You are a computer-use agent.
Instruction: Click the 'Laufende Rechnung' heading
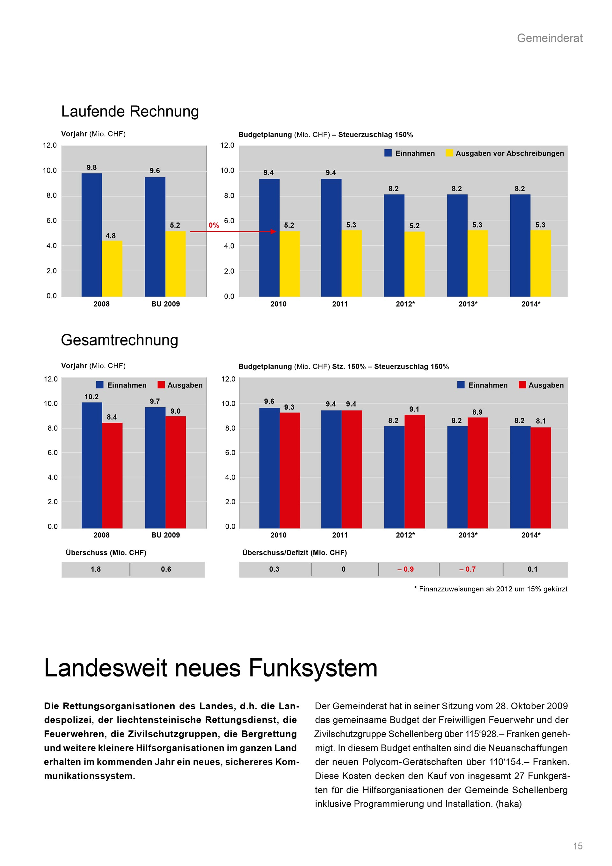(130, 112)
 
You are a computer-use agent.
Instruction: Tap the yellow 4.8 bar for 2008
(112, 269)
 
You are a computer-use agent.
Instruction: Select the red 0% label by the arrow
(214, 225)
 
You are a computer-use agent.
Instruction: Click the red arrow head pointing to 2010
(273, 232)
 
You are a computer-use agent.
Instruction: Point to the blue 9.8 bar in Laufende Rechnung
(91, 235)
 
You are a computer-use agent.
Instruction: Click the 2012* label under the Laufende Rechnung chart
(405, 304)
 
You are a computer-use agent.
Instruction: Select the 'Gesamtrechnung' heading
(120, 340)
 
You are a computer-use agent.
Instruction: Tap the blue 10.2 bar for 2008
(91, 465)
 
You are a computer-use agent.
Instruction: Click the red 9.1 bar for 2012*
(414, 471)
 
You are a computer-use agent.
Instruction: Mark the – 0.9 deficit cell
(405, 569)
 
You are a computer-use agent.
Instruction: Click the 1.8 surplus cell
(96, 569)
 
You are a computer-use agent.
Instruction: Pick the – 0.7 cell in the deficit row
(467, 569)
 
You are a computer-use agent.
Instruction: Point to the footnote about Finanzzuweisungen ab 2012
(491, 589)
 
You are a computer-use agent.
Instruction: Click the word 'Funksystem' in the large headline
(313, 668)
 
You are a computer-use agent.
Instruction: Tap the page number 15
(578, 846)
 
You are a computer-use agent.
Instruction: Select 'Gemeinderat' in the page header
(550, 38)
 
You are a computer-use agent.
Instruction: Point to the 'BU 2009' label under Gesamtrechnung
(165, 535)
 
